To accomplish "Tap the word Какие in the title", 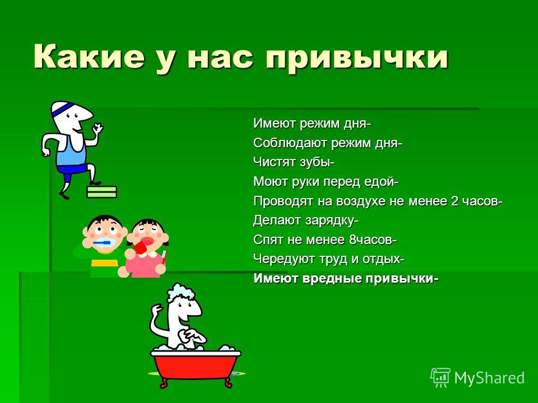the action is click(89, 55).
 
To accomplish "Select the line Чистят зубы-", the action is click(294, 162).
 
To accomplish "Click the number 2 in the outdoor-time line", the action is click(454, 201).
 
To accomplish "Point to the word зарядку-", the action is click(332, 221).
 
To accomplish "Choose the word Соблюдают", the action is click(290, 143).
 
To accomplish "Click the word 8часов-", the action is click(373, 240).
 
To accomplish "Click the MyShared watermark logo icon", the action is click(440, 378).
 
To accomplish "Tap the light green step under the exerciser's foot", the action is click(101, 192).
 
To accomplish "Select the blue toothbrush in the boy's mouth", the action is click(102, 243).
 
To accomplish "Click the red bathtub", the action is click(196, 365).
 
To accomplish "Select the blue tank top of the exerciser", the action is click(71, 152).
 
